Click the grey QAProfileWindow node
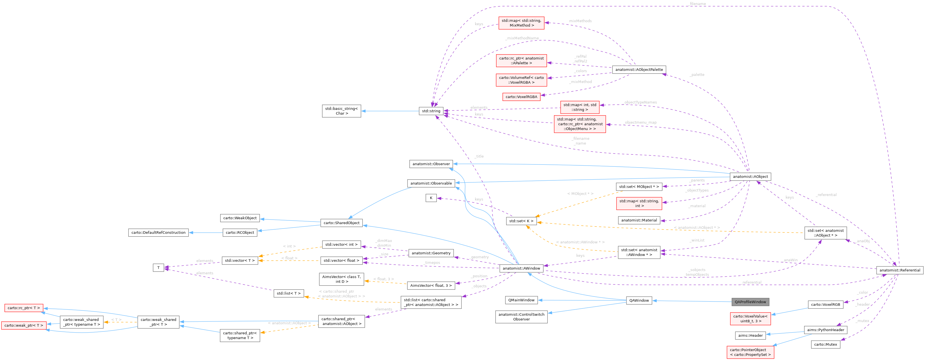point(750,302)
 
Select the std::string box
point(431,111)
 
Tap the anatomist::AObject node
point(750,177)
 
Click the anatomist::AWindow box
point(521,268)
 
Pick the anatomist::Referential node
point(900,270)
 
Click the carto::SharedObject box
point(341,223)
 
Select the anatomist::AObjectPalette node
point(639,70)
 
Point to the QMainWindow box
point(521,300)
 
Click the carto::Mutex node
point(825,345)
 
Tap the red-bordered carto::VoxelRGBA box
point(521,97)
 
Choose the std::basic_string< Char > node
point(341,111)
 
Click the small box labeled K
point(431,198)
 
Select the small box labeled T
point(158,268)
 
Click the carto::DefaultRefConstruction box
point(158,232)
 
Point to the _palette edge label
point(697,75)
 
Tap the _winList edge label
point(697,241)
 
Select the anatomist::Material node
point(639,220)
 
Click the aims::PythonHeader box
point(825,330)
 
